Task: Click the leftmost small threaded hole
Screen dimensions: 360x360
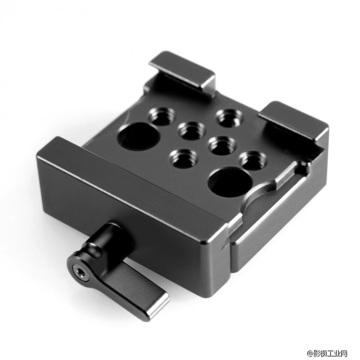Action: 162,116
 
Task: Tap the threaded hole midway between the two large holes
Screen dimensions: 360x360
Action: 222,145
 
